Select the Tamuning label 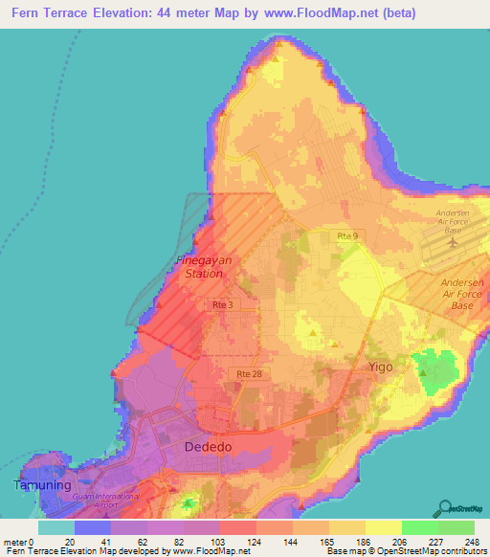pyautogui.click(x=41, y=484)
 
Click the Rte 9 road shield pyautogui.click(x=345, y=235)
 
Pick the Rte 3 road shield pyautogui.click(x=221, y=304)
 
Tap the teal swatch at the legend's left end pyautogui.click(x=56, y=526)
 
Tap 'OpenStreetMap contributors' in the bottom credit pyautogui.click(x=437, y=552)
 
